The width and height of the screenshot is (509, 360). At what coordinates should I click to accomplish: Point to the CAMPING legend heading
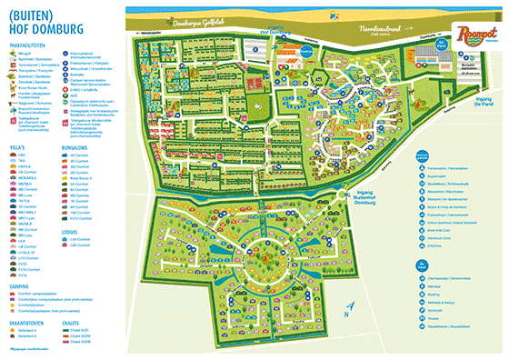[x=27, y=284]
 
